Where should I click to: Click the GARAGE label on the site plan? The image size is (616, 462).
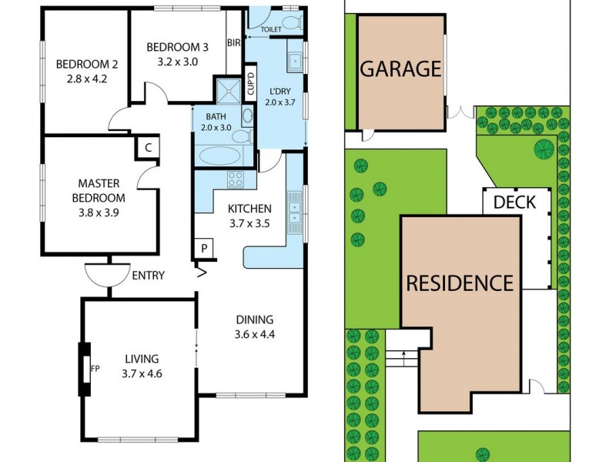pyautogui.click(x=400, y=69)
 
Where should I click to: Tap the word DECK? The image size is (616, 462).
pyautogui.click(x=515, y=203)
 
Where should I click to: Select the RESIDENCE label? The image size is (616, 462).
pyautogui.click(x=460, y=283)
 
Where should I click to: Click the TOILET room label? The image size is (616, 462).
pyautogui.click(x=271, y=30)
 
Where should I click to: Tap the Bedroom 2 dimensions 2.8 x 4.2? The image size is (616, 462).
pyautogui.click(x=85, y=77)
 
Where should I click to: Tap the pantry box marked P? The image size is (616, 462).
pyautogui.click(x=204, y=248)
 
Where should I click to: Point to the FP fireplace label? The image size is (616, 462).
pyautogui.click(x=95, y=368)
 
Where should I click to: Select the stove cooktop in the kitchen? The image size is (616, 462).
pyautogui.click(x=236, y=180)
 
